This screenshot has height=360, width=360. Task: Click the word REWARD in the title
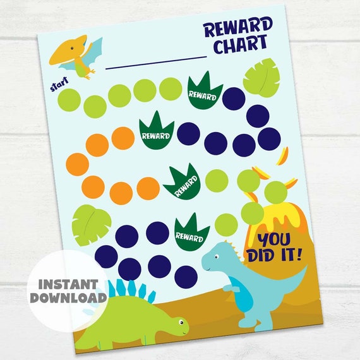pyautogui.click(x=238, y=28)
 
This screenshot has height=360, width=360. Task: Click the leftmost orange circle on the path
pyautogui.click(x=77, y=164)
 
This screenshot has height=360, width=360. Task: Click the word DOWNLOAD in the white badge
pyautogui.click(x=68, y=297)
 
